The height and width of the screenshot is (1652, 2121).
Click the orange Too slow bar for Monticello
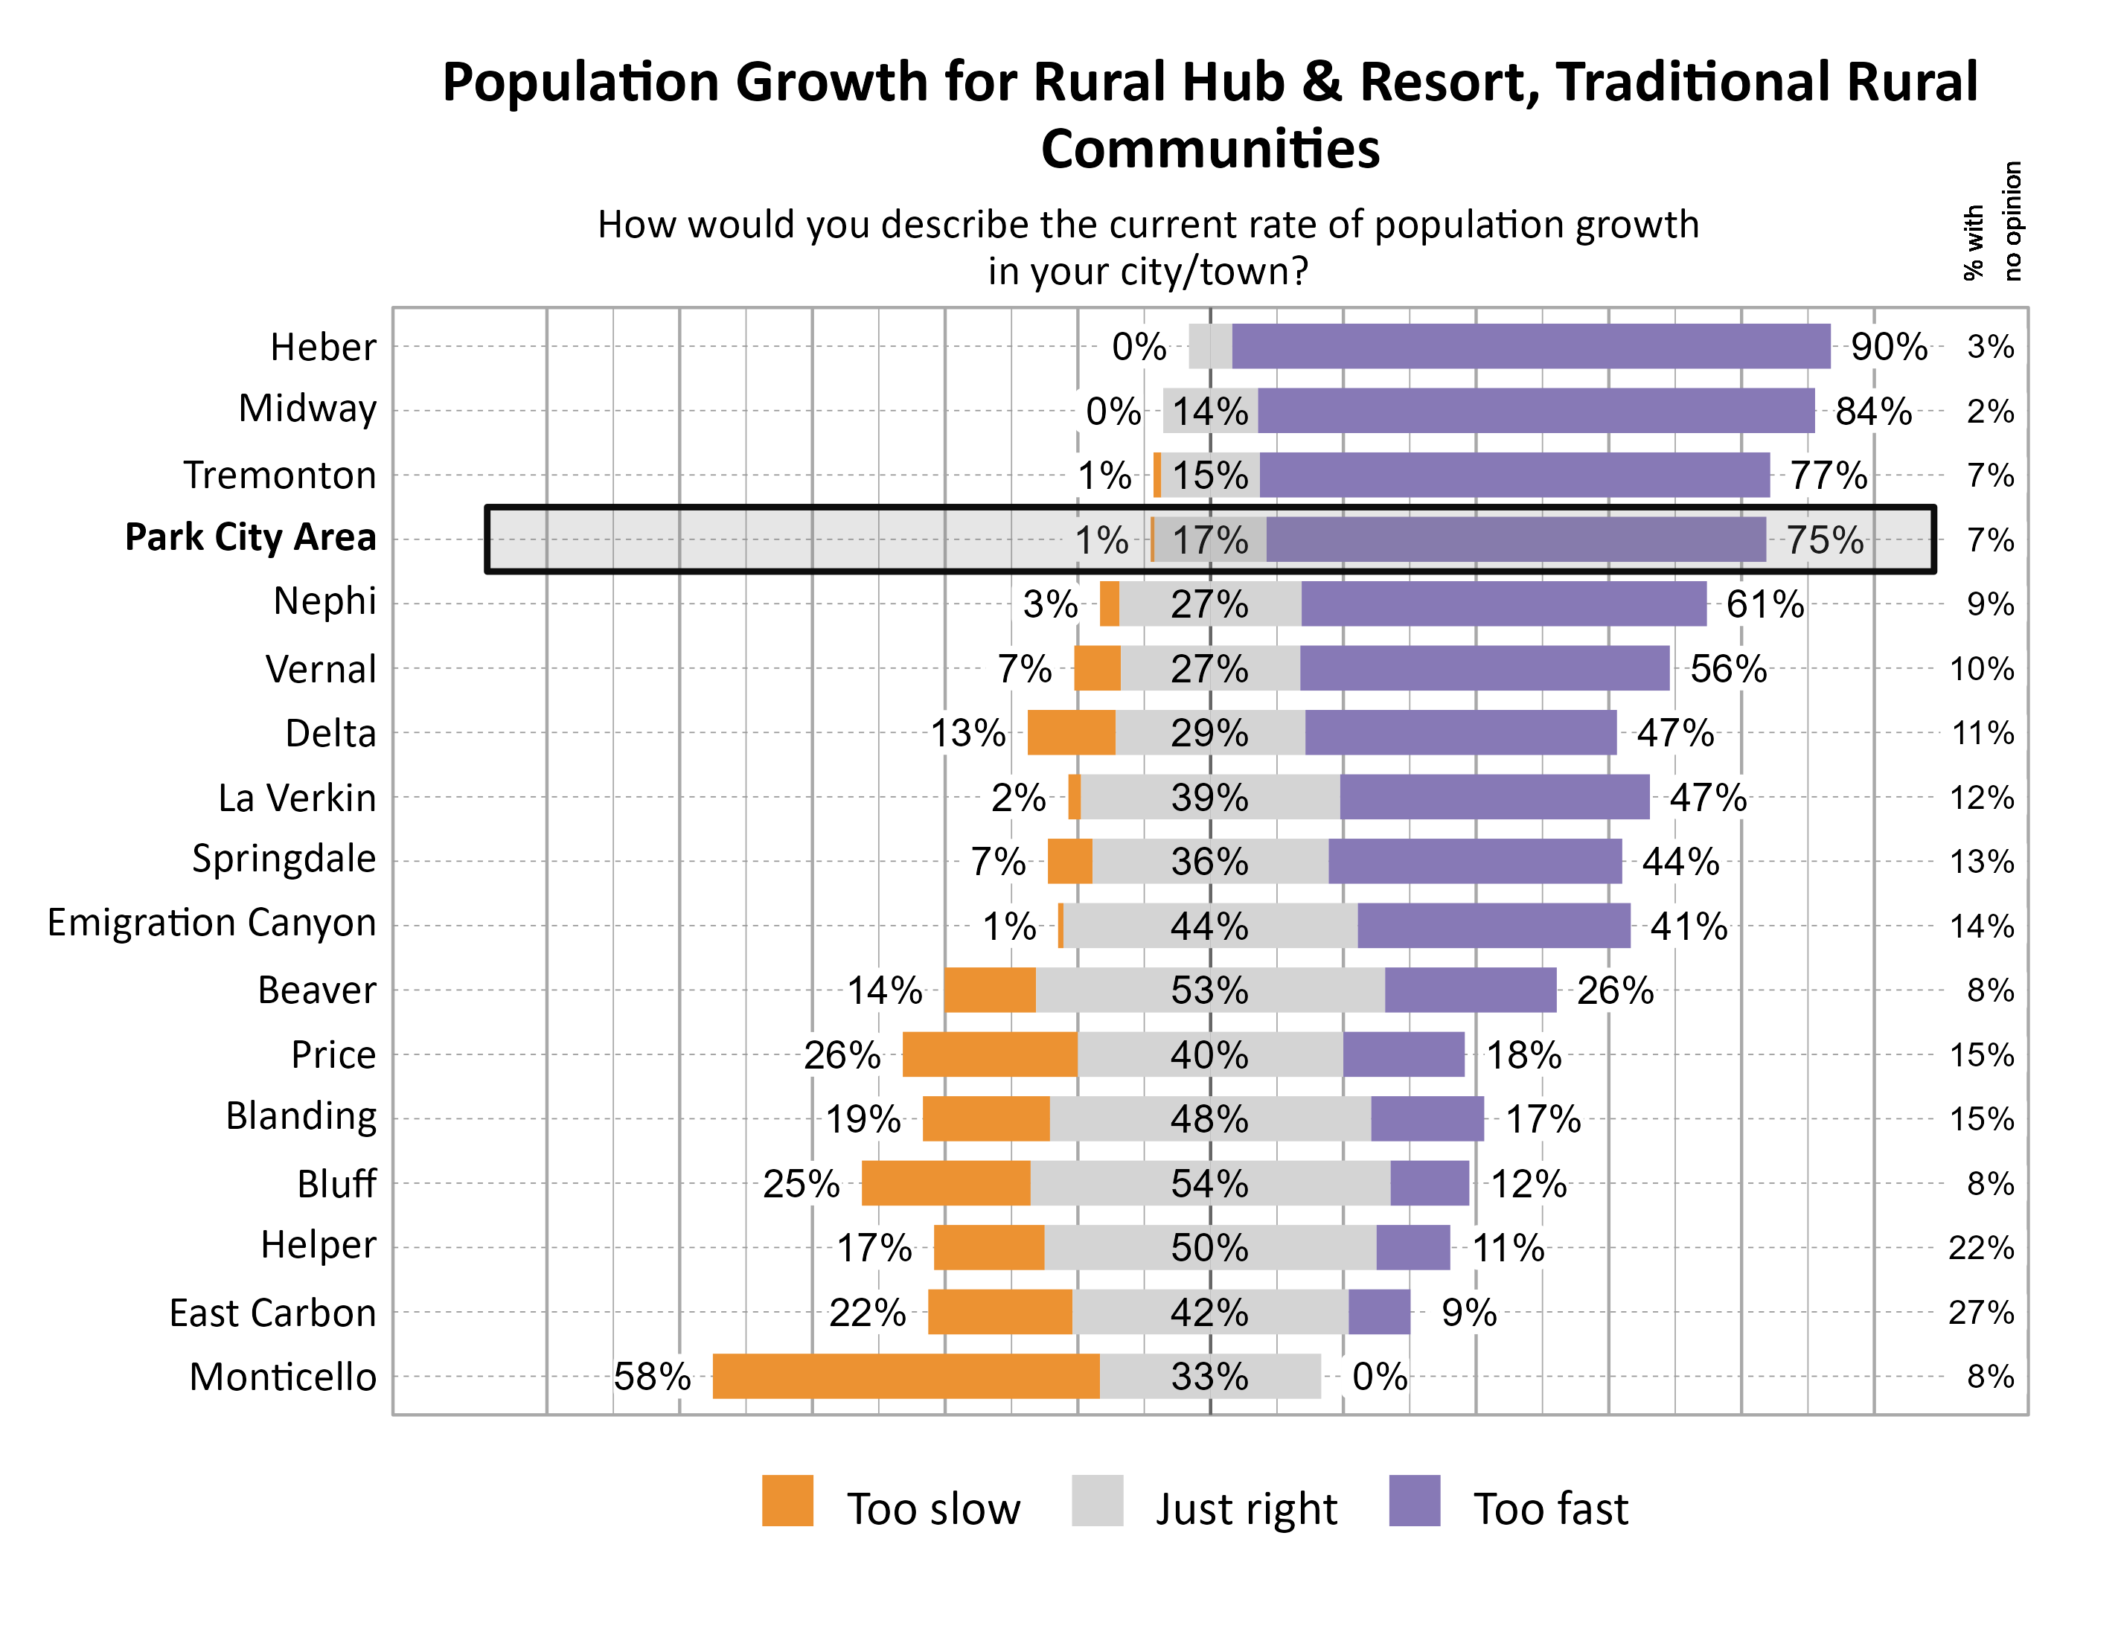tap(906, 1376)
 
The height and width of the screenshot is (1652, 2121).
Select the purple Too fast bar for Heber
tap(1531, 347)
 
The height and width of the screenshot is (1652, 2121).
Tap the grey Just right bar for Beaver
tap(1210, 990)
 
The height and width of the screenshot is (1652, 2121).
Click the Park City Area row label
tap(251, 537)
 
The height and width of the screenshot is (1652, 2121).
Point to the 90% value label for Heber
tap(1889, 347)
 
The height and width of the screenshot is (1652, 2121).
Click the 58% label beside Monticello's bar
tap(652, 1376)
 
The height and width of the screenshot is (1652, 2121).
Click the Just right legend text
tap(1246, 1509)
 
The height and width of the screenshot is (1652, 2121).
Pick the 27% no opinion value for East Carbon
tap(1981, 1312)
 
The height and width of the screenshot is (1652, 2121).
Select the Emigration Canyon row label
tap(211, 923)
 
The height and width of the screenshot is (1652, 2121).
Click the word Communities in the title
tap(1210, 149)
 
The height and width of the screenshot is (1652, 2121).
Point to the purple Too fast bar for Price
tap(1404, 1054)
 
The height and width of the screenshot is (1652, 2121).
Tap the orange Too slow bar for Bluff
tap(946, 1183)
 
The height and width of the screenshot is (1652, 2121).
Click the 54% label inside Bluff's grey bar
tap(1210, 1184)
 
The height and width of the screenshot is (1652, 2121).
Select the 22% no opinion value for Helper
tap(1981, 1248)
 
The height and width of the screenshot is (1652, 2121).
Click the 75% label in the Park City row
tap(1826, 540)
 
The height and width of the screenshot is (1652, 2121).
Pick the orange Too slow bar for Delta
tap(1071, 732)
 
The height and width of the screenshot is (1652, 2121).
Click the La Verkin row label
tap(296, 797)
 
